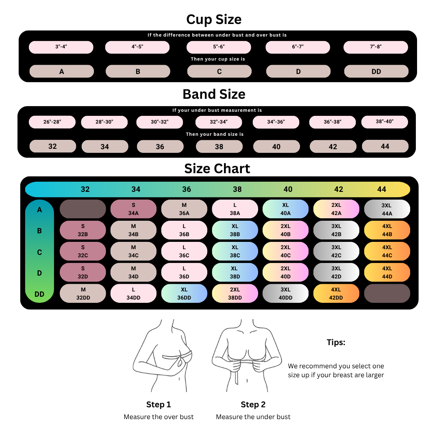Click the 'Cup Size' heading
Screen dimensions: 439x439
pyautogui.click(x=214, y=20)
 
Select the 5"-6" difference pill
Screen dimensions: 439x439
pyautogui.click(x=219, y=47)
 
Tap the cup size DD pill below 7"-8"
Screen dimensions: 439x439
pyautogui.click(x=376, y=72)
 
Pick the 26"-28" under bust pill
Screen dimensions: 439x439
pyautogui.click(x=52, y=122)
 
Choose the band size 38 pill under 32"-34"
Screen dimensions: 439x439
pyautogui.click(x=219, y=146)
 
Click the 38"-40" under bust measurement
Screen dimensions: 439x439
pyautogui.click(x=385, y=122)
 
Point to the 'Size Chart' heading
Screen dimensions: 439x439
pyautogui.click(x=217, y=169)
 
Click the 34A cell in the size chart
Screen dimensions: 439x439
pyautogui.click(x=133, y=209)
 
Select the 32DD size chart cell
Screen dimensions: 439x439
pyautogui.click(x=83, y=293)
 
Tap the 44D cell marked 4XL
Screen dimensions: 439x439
pyautogui.click(x=387, y=272)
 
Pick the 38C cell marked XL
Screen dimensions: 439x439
pyautogui.click(x=235, y=251)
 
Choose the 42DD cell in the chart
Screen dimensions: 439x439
pyautogui.click(x=336, y=293)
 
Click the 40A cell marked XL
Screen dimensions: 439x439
pyautogui.click(x=285, y=209)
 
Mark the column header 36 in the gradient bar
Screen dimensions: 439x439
pyautogui.click(x=187, y=189)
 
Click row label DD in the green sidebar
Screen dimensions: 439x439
pyautogui.click(x=39, y=294)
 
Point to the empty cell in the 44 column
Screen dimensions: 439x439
pyautogui.click(x=387, y=293)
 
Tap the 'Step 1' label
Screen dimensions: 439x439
pyautogui.click(x=159, y=404)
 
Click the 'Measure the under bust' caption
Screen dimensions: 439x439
pyautogui.click(x=253, y=417)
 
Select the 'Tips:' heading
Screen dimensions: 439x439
pyautogui.click(x=336, y=342)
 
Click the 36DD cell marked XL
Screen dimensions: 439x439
pyautogui.click(x=184, y=293)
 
